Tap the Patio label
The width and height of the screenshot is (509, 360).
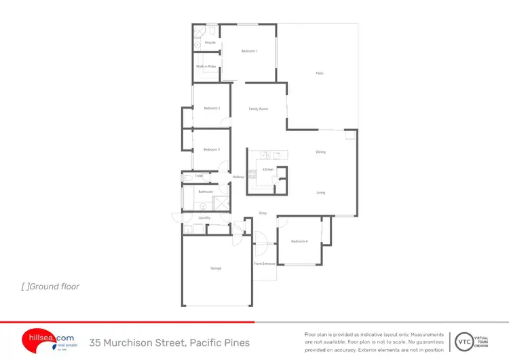coord(319,73)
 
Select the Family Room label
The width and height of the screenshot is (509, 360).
coord(258,109)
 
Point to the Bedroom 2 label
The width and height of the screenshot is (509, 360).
coord(212,109)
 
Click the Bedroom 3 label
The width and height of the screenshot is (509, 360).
coord(212,149)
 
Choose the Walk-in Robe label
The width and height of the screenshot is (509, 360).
coord(206,67)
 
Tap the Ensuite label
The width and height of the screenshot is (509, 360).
coord(210,43)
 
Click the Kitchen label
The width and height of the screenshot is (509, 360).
coord(267,169)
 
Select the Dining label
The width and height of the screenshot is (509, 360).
coord(320,152)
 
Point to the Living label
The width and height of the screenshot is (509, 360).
coord(320,192)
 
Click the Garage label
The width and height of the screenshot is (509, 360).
coord(216,268)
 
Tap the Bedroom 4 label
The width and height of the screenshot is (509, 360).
coord(299,242)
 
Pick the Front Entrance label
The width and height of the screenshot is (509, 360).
coord(264,264)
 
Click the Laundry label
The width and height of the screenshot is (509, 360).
coord(204,218)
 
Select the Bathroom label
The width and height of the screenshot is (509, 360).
coord(206,192)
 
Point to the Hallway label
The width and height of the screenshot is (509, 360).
coord(238,177)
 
